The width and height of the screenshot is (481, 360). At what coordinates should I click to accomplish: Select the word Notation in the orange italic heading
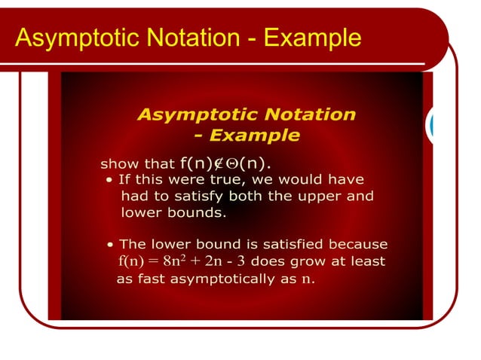pos(308,114)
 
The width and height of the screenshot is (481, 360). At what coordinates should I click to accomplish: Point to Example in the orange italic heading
pos(254,136)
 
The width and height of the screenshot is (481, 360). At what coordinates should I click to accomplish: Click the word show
pos(118,163)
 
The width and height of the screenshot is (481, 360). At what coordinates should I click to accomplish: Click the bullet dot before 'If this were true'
pos(110,181)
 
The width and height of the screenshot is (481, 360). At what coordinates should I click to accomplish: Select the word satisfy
pos(207,197)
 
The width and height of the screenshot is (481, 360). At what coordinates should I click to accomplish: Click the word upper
pos(316,197)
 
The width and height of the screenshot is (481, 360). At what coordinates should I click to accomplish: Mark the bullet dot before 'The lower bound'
pos(111,245)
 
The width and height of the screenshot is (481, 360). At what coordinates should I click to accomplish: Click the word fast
pos(148,279)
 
